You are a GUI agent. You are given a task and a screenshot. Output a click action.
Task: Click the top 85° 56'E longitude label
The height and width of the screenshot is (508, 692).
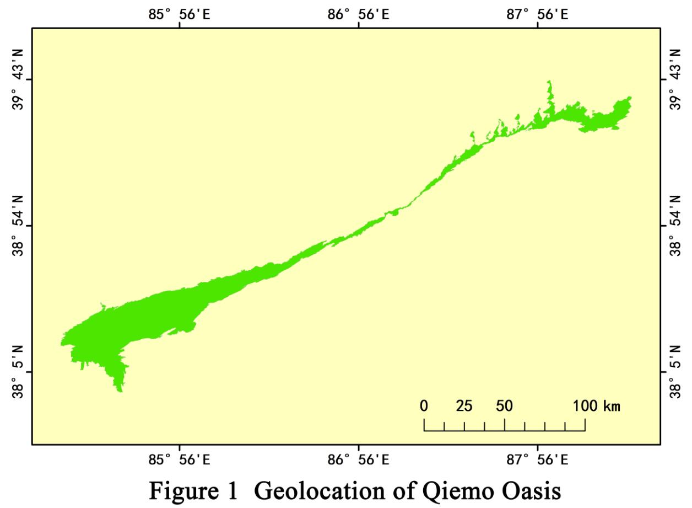(179, 14)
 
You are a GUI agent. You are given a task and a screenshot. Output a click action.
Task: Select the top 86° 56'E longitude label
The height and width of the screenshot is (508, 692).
(359, 14)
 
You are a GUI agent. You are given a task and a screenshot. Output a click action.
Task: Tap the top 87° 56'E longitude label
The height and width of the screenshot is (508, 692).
(538, 14)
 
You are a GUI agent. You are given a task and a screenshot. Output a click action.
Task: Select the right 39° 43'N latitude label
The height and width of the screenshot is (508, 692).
(675, 79)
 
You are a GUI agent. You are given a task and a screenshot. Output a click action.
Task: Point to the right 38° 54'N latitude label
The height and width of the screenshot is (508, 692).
(675, 226)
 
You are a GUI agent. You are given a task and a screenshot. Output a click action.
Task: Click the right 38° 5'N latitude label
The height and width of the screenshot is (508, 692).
(675, 372)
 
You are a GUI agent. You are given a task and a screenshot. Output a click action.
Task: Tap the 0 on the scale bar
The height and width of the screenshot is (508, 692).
(424, 407)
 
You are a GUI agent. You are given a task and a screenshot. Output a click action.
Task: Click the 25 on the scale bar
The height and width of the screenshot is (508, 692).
(464, 407)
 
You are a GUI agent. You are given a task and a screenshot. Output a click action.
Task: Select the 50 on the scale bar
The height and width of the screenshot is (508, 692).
(504, 407)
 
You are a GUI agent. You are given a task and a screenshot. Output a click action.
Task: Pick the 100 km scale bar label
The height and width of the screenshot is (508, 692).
(597, 407)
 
